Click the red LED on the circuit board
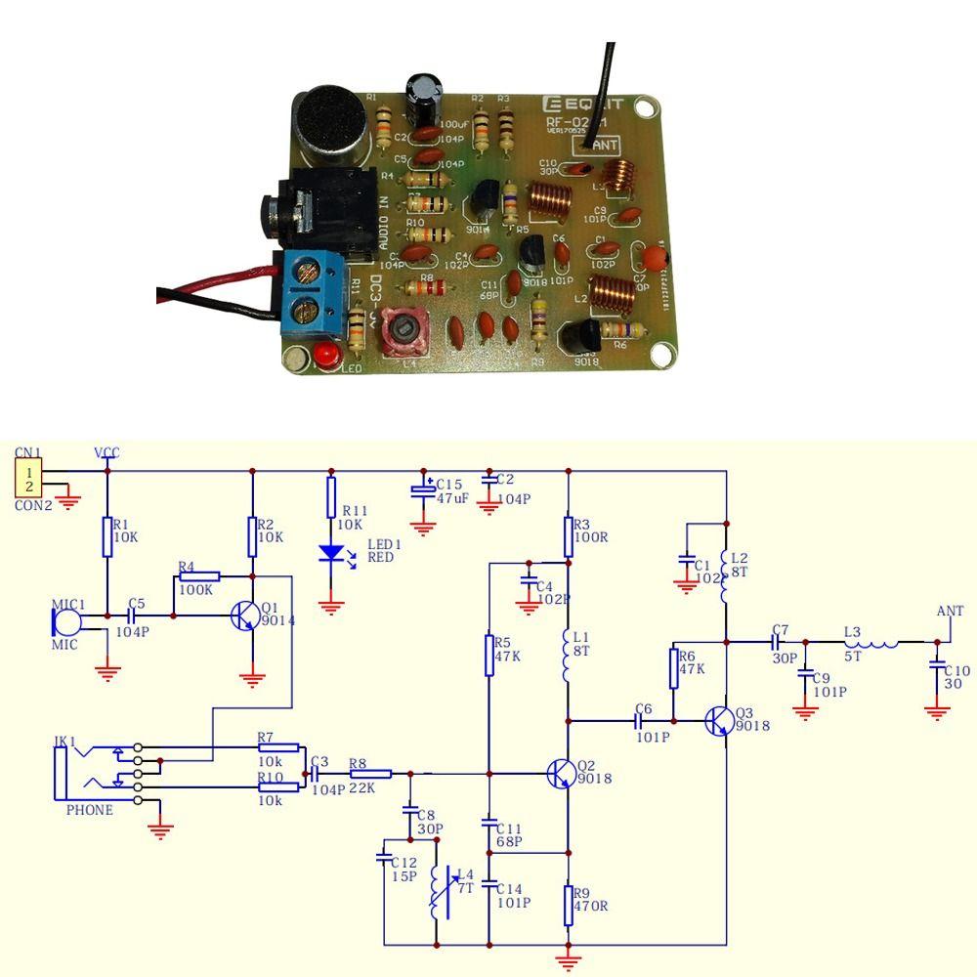coord(327,354)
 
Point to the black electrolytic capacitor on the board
coord(427,100)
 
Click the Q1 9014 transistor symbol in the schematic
coord(244,616)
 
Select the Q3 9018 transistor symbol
coord(720,721)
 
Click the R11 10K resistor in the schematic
coord(332,497)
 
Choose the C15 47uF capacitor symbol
coord(423,491)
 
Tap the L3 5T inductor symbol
coord(871,642)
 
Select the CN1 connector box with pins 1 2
coord(28,479)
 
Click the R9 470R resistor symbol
coord(569,905)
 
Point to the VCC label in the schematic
coord(106,452)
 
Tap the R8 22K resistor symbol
coord(370,774)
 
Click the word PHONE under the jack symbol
coord(89,810)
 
